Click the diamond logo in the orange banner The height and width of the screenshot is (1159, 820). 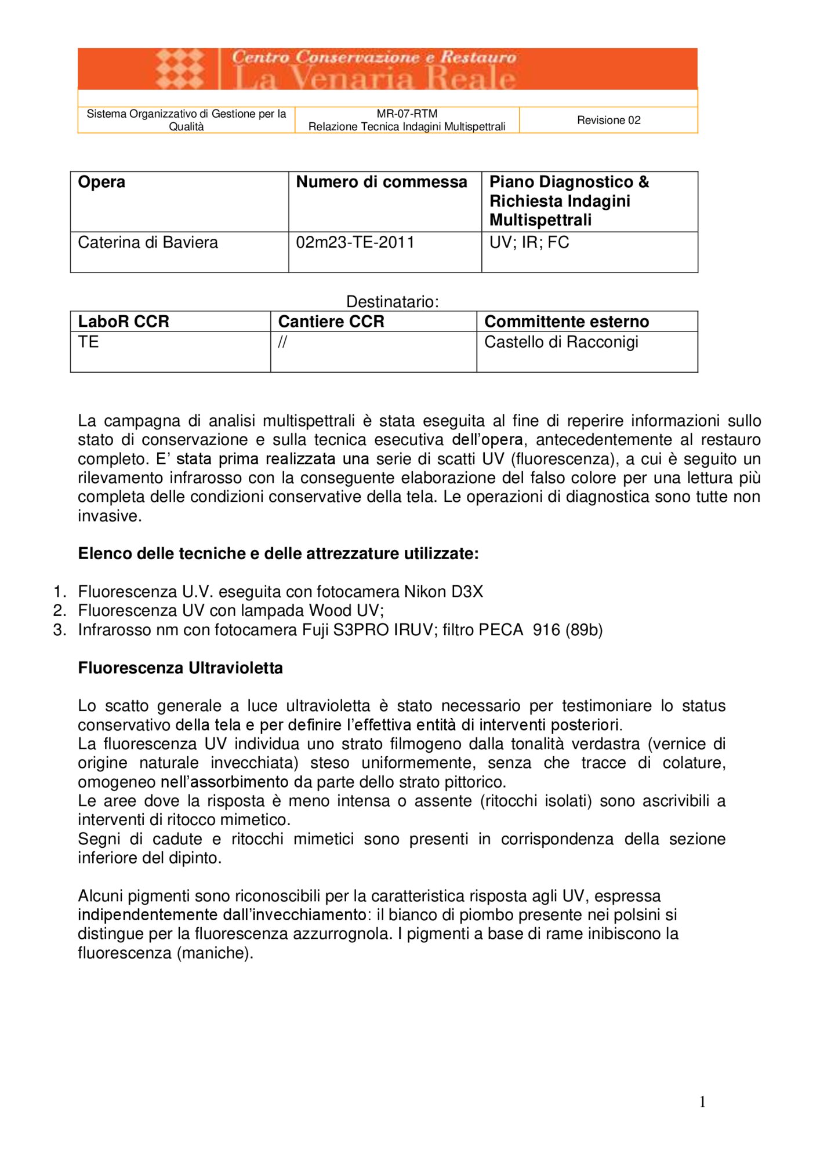click(180, 69)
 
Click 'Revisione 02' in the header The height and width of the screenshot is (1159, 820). click(608, 120)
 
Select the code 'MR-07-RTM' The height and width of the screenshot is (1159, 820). click(407, 114)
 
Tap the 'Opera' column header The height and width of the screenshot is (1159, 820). click(101, 182)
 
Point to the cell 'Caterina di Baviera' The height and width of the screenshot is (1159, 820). click(148, 242)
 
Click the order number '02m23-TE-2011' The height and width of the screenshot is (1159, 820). click(355, 242)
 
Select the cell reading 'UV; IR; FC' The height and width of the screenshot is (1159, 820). click(529, 242)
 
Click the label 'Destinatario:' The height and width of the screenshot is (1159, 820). click(392, 301)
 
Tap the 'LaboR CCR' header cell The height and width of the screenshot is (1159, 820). click(124, 322)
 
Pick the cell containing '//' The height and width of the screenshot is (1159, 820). click(282, 342)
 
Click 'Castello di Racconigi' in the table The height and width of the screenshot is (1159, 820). click(561, 342)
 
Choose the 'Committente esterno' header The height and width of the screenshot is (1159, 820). click(566, 322)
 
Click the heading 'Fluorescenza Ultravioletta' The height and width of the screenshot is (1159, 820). click(180, 668)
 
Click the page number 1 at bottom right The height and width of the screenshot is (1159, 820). click(702, 1102)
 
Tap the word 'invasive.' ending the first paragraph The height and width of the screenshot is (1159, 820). click(110, 516)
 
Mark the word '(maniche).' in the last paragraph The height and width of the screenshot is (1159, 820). click(215, 953)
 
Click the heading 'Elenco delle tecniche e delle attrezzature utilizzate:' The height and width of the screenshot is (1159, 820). click(278, 553)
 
